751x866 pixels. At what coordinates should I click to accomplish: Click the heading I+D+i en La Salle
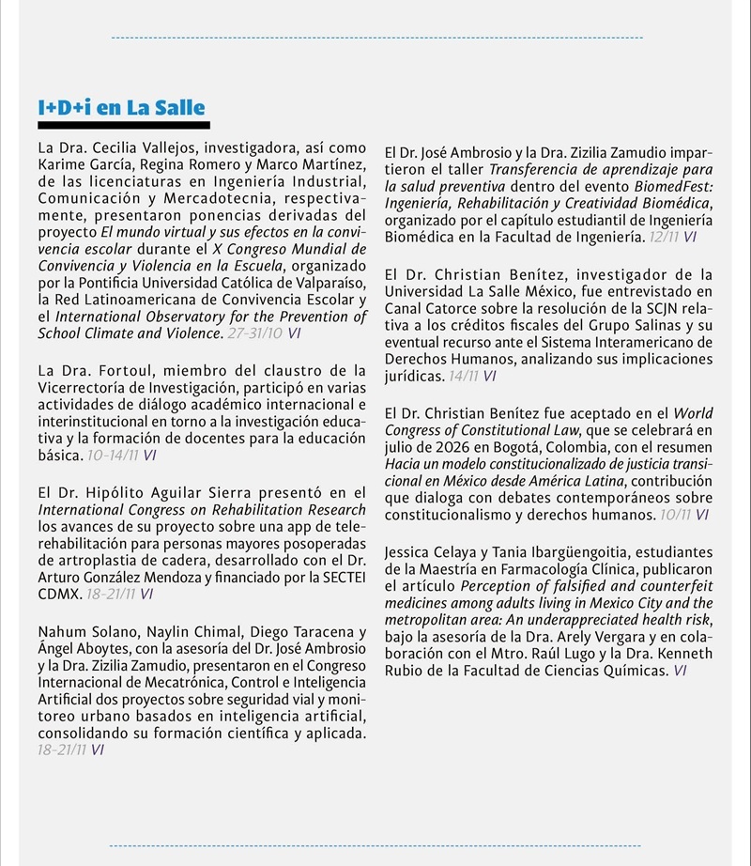(x=121, y=108)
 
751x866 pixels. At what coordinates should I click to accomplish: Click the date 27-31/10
(x=256, y=333)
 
